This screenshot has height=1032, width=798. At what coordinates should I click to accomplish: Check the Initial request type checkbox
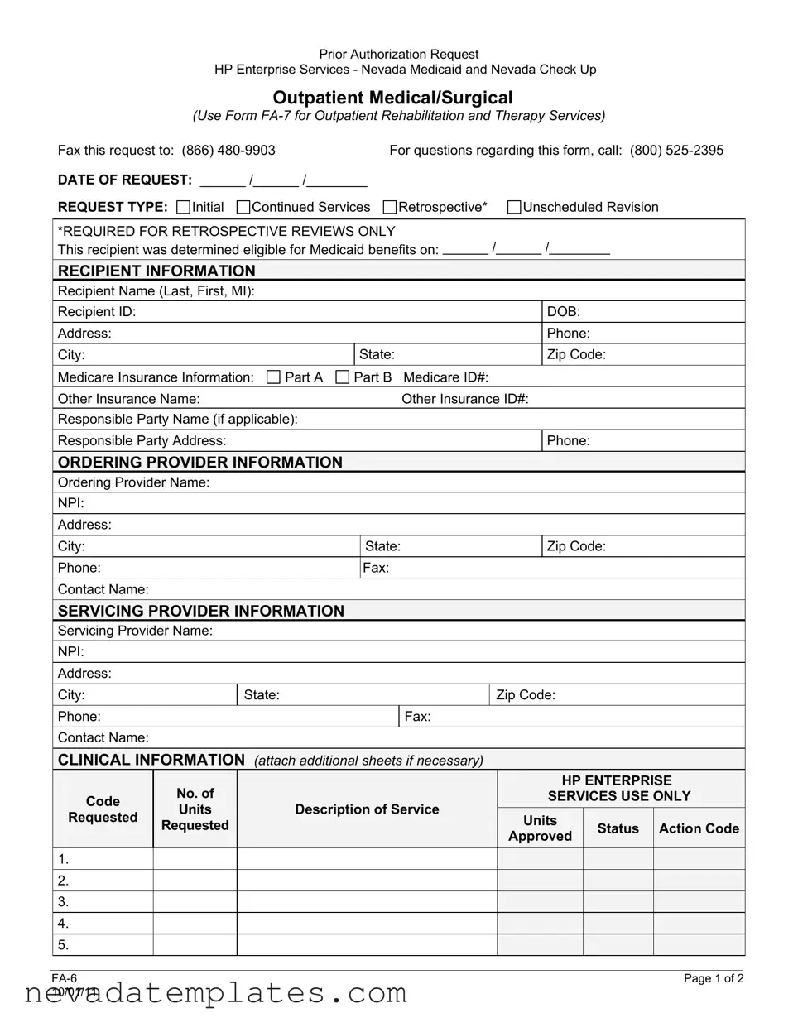tap(184, 207)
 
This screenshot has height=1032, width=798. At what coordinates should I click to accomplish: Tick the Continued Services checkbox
tap(243, 207)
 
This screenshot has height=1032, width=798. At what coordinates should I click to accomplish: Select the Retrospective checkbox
tap(390, 207)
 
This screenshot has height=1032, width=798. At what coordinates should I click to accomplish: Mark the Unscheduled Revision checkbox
tap(514, 207)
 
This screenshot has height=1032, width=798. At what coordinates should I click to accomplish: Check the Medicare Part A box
tap(274, 377)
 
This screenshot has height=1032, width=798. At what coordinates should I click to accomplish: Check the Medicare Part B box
tap(343, 377)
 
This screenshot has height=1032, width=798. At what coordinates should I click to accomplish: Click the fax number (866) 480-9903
tap(228, 151)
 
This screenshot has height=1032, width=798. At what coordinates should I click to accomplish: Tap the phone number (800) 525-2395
tap(676, 151)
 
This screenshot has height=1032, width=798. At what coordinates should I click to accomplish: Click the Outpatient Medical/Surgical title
tap(392, 98)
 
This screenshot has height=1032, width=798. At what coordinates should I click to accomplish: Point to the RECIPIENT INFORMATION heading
tap(156, 271)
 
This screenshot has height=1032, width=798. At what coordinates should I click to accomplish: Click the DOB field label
tap(563, 312)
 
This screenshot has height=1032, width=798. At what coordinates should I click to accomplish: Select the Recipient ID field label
tap(97, 312)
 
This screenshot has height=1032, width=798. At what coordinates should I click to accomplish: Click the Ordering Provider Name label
tap(133, 482)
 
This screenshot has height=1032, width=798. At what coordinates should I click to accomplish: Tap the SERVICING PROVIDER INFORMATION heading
tap(201, 611)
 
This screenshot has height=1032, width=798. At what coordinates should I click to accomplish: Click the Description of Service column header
tap(367, 809)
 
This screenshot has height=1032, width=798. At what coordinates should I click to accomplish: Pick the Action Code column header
tap(699, 828)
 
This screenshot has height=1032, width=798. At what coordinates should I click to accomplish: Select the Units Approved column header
tap(540, 828)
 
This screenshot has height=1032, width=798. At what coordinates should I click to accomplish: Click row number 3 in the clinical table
tap(63, 902)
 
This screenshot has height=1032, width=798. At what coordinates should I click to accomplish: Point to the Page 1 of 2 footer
tap(714, 979)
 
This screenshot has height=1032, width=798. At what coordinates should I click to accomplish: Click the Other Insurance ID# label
tap(465, 399)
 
